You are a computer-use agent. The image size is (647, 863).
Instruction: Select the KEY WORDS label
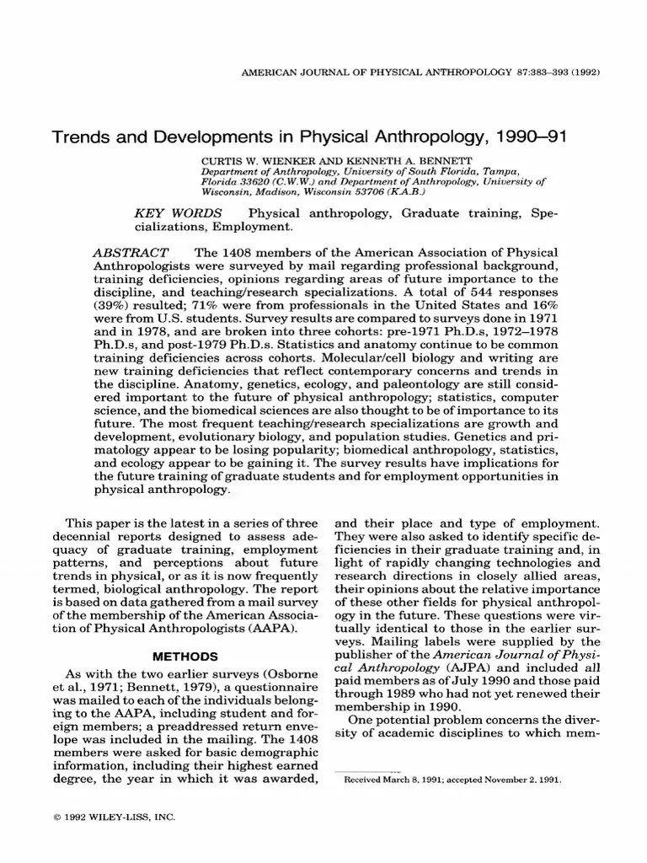pos(178,214)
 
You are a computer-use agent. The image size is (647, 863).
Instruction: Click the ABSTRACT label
pos(131,253)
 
